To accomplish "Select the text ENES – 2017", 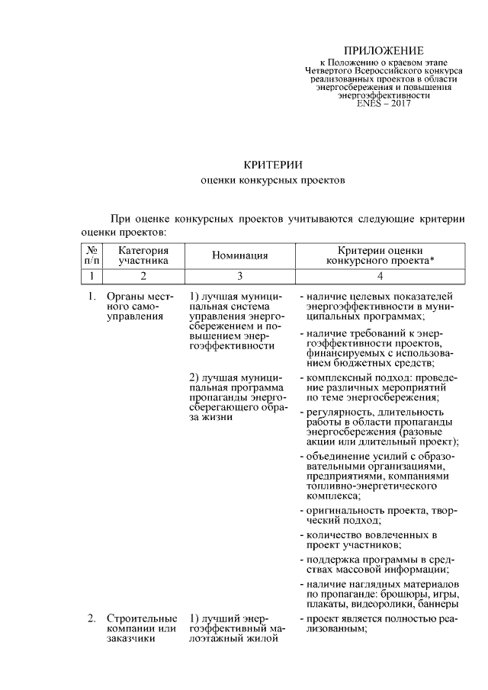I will tap(384, 104).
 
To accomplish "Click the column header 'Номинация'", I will tap(239, 255).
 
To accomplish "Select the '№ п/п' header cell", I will tap(91, 255).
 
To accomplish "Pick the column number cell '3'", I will tap(239, 275).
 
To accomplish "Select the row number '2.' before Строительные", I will tap(91, 618).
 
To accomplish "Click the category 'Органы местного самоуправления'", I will tap(141, 306).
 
